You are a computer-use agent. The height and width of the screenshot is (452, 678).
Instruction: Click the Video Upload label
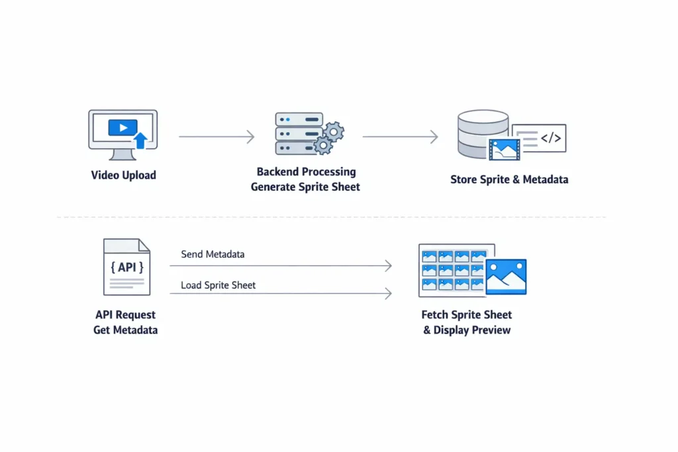point(123,175)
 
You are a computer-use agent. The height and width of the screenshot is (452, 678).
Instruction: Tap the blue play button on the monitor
point(122,128)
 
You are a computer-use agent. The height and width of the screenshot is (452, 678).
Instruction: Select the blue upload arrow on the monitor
point(140,140)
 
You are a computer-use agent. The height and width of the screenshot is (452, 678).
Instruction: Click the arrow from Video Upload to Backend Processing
point(217,137)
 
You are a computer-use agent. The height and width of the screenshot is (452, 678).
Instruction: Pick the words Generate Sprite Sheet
point(305,187)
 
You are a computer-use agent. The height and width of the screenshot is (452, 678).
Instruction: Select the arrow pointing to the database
point(400,137)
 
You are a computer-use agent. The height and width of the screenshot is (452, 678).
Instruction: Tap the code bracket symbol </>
point(551,138)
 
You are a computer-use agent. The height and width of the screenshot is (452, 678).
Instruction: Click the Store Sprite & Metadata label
point(509,179)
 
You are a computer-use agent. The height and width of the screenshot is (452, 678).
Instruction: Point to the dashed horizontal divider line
point(331,217)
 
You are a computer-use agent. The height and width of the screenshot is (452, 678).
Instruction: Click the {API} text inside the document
point(126,267)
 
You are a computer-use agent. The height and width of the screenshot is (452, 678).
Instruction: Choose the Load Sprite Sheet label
point(218,285)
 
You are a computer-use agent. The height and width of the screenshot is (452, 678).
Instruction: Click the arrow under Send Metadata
point(281,266)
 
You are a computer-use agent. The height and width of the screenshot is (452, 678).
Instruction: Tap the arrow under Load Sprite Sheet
point(281,293)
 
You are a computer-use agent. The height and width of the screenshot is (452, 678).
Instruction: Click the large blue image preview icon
point(506,276)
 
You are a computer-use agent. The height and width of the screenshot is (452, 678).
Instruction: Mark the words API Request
point(126,315)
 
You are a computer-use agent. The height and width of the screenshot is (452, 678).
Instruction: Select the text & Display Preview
point(467,330)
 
